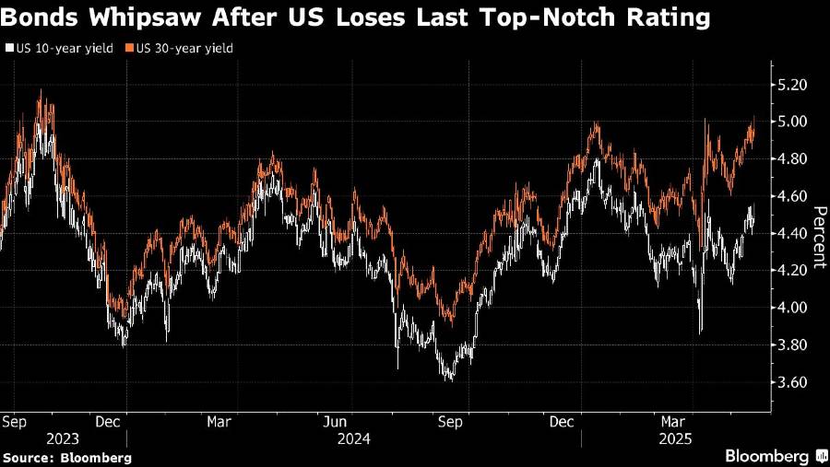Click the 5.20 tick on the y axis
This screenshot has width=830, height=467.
(x=795, y=85)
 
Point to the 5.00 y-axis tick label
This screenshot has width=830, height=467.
(x=795, y=122)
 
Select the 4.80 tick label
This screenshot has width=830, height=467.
(x=795, y=158)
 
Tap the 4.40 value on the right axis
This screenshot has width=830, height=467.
(x=795, y=233)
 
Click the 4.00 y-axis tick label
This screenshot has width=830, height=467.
(x=795, y=307)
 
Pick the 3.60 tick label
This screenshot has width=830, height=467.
(x=795, y=381)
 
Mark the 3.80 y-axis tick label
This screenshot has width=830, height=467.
(x=795, y=344)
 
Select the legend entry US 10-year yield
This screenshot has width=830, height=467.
(x=63, y=49)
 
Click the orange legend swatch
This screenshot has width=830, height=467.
(x=131, y=49)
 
